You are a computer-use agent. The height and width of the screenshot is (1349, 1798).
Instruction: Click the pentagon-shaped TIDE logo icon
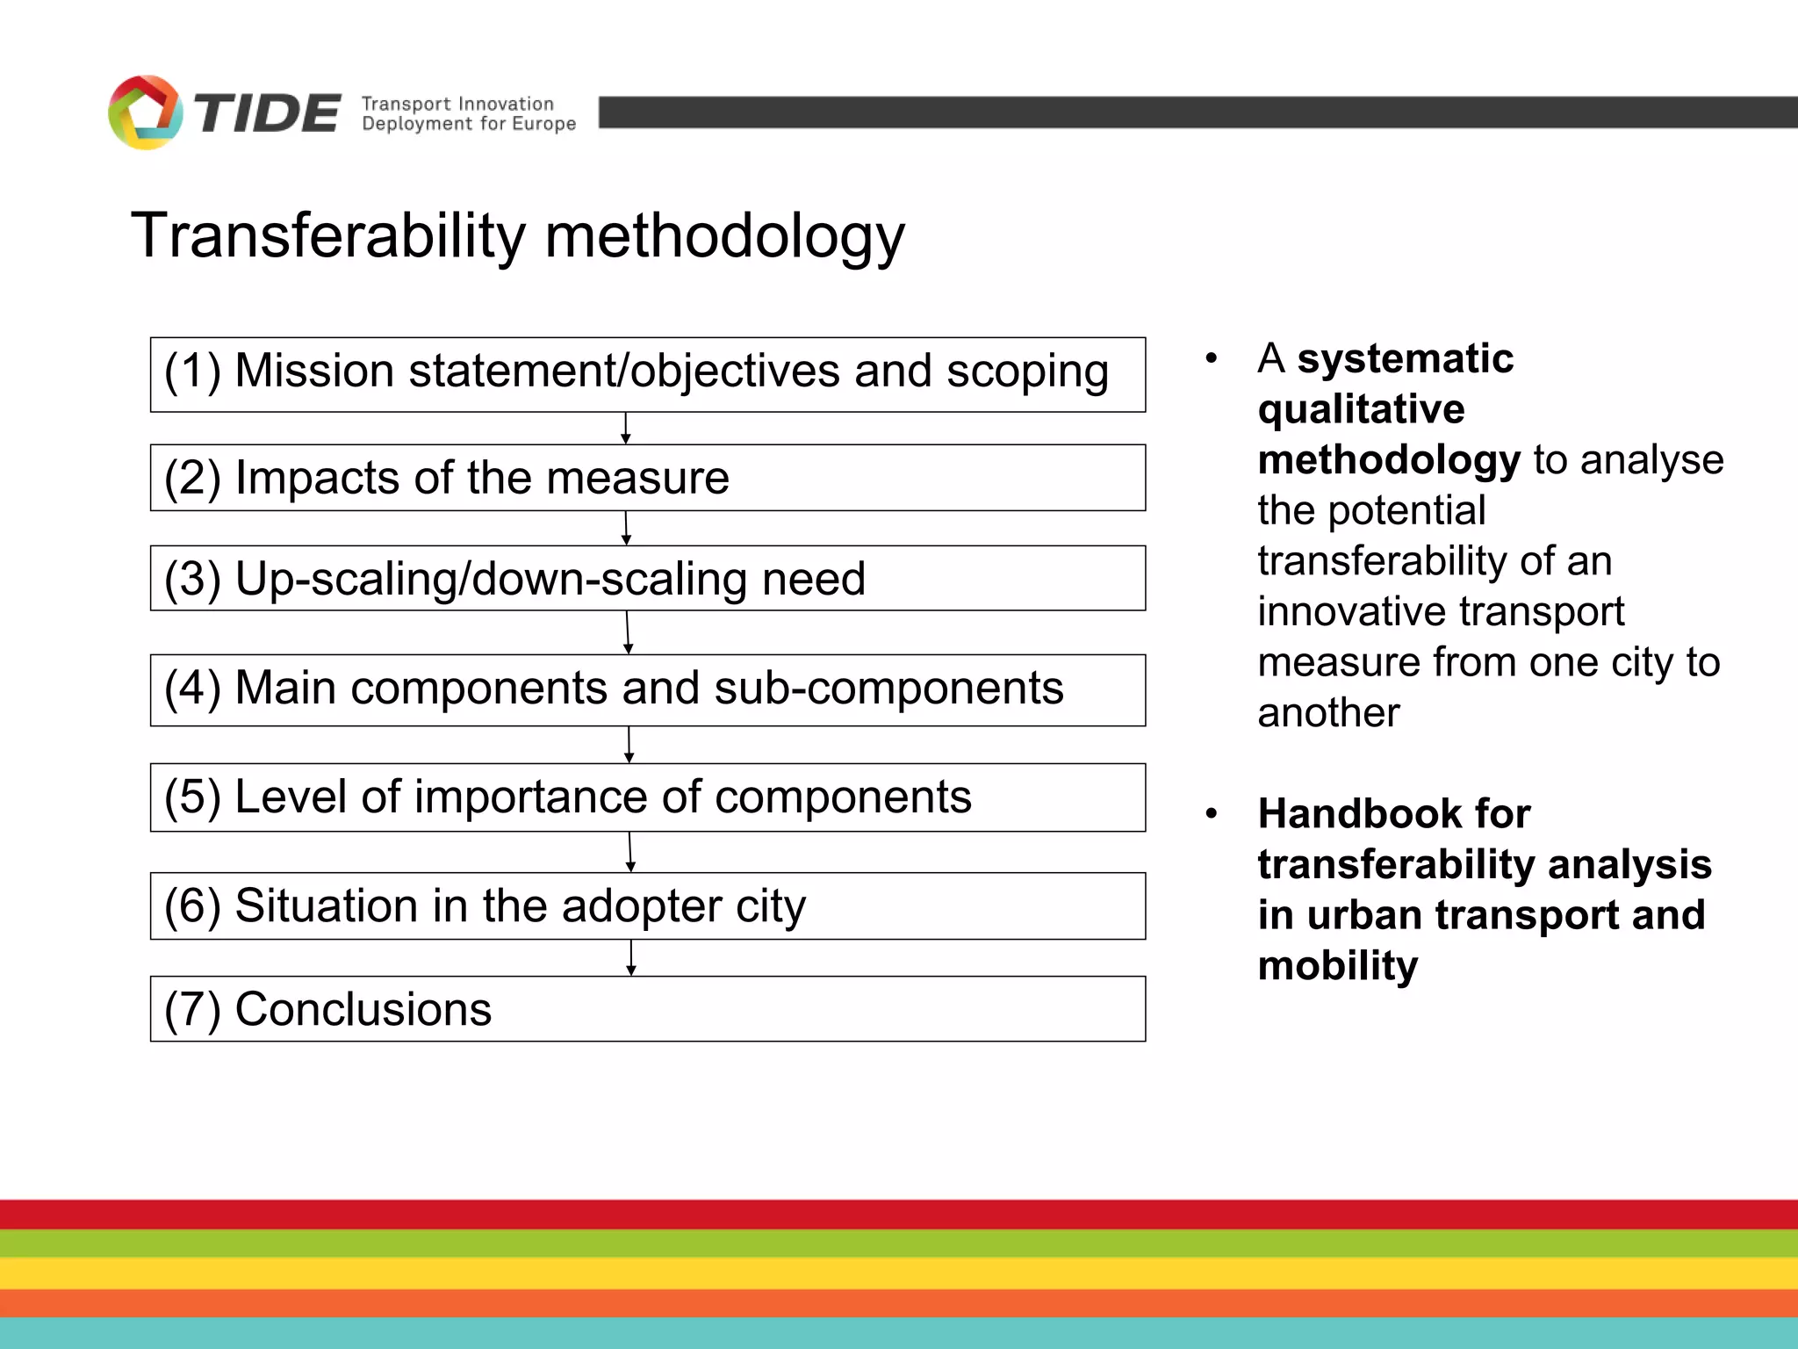pos(145,112)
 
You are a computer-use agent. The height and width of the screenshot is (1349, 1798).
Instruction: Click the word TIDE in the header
pos(267,114)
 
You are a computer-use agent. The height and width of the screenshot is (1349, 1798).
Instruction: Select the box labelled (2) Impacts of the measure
pos(647,478)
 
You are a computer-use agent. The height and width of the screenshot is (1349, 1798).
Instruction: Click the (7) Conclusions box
pos(647,1009)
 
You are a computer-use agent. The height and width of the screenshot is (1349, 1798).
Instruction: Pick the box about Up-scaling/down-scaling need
pos(647,579)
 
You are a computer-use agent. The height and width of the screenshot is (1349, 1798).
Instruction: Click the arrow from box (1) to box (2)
pos(625,429)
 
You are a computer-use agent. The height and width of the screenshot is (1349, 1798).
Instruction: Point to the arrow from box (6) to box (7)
pos(630,958)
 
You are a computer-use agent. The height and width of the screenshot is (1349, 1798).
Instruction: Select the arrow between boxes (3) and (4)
pos(628,632)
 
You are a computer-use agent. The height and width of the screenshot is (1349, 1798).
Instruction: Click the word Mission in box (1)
pos(314,371)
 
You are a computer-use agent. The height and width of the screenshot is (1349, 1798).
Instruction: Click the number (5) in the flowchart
pos(192,797)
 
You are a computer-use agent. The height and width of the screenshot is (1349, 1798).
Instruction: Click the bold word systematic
pos(1406,358)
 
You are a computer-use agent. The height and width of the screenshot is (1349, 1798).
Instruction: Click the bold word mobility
pos(1337,966)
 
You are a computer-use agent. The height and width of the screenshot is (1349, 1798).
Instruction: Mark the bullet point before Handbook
pos(1212,813)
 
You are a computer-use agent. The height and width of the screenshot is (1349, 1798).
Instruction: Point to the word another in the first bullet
pos(1328,712)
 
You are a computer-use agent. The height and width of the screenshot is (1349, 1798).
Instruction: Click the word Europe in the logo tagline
pos(544,124)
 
